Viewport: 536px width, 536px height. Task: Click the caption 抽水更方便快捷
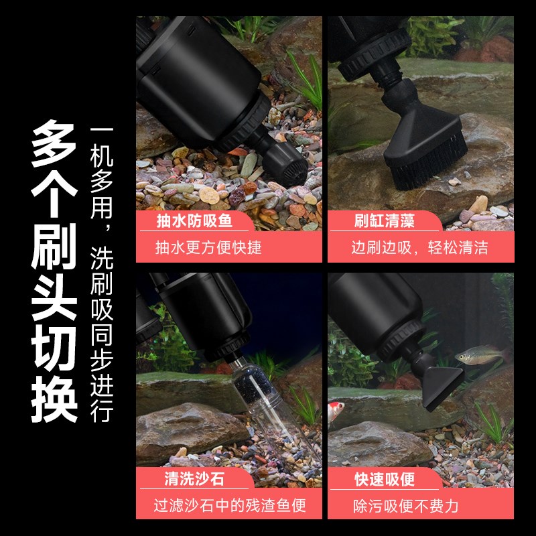pos(208,248)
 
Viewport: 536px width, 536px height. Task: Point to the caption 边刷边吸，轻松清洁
pos(419,248)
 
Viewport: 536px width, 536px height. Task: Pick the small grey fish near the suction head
pos(477,354)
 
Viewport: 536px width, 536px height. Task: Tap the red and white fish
pos(338,416)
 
